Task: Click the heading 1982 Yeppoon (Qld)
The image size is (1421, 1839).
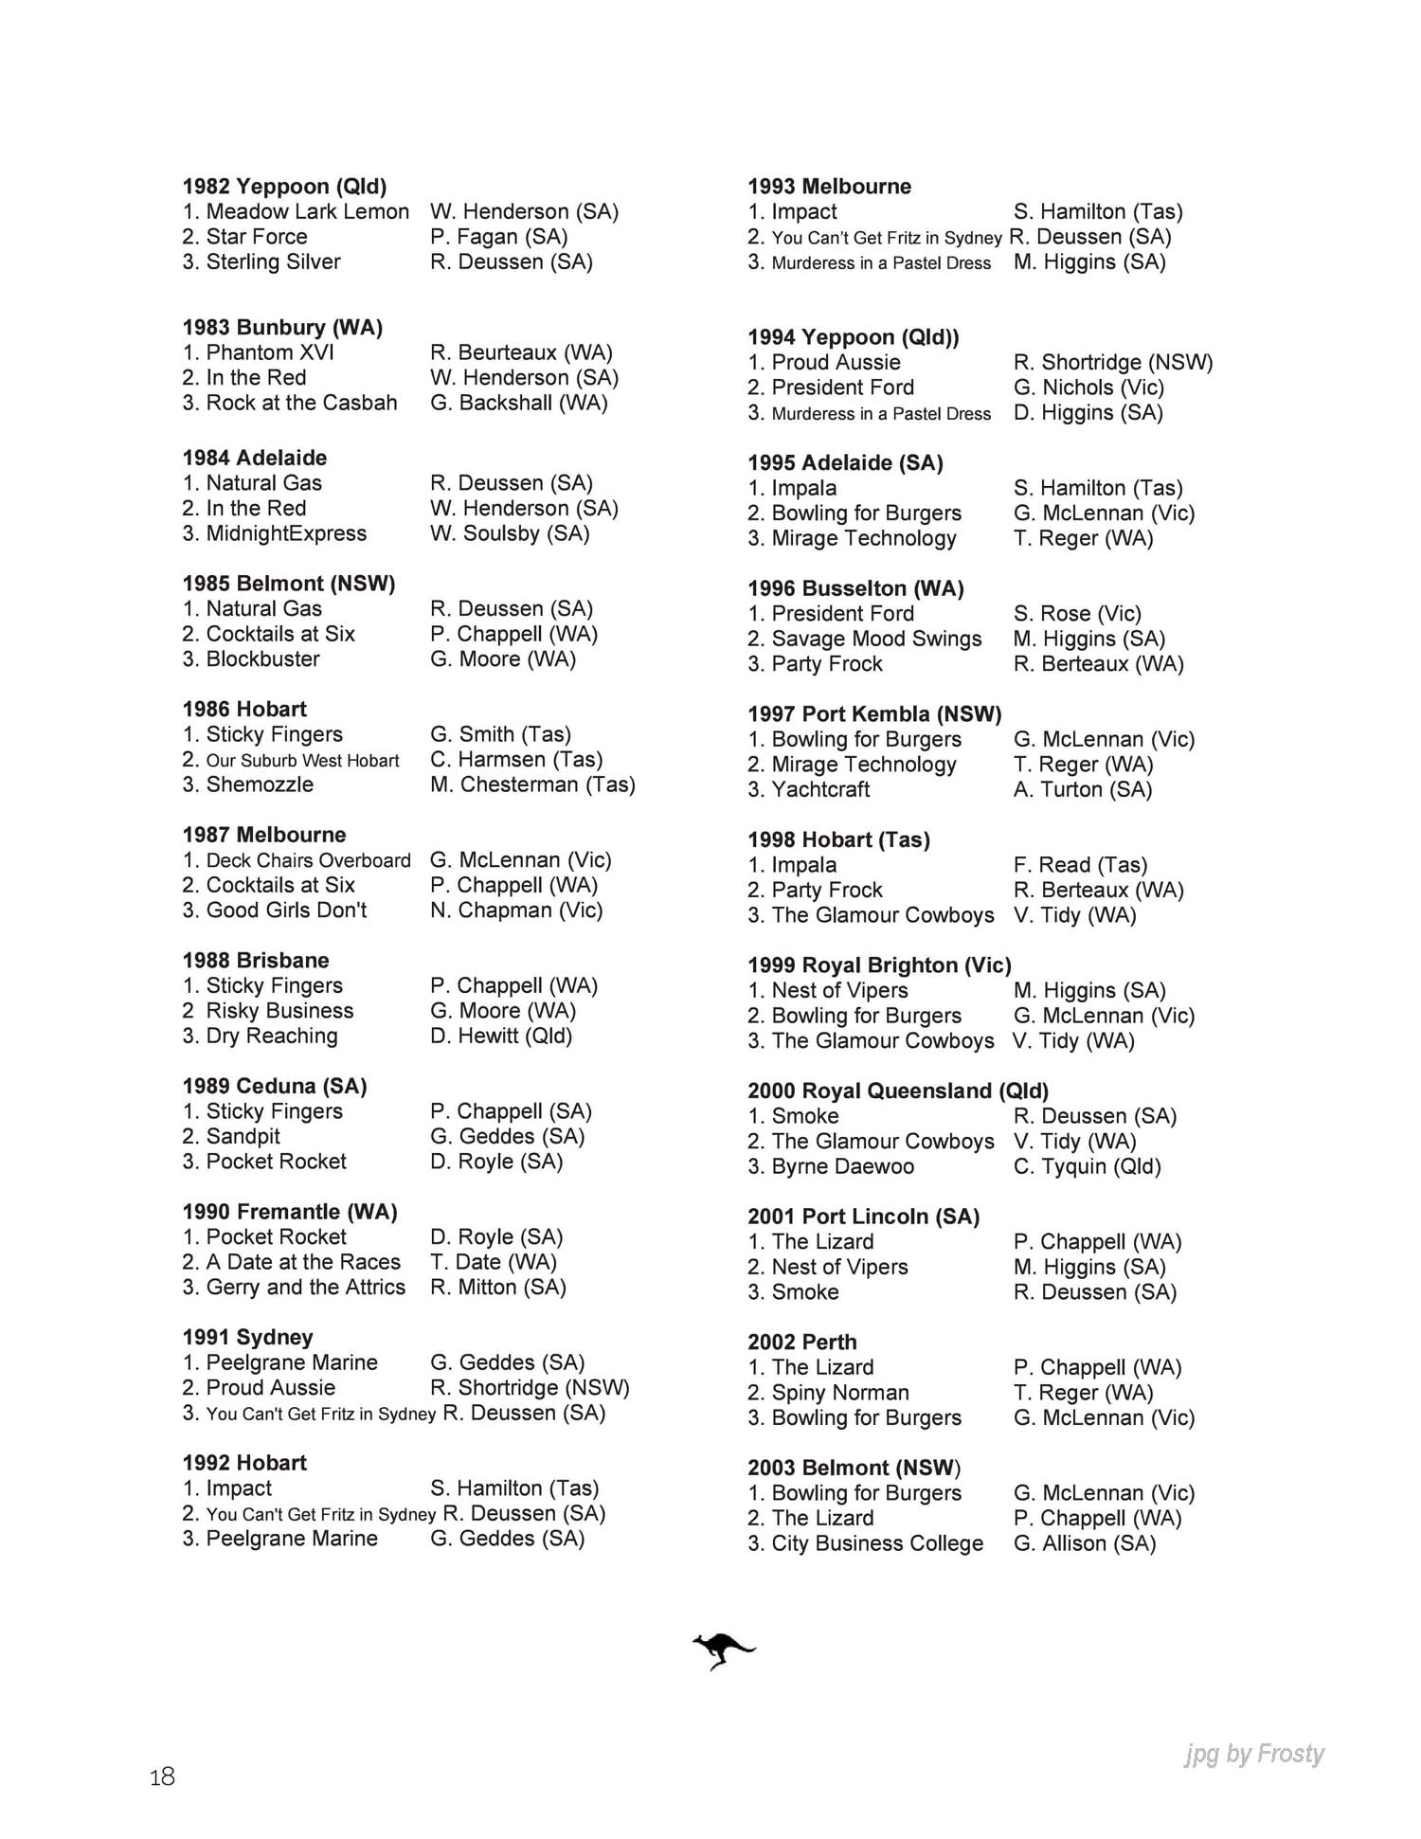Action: tap(284, 187)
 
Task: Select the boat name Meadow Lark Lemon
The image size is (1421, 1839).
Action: tap(307, 211)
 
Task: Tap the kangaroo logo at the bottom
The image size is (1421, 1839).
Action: tap(723, 1650)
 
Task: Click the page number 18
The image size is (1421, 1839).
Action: tap(162, 1776)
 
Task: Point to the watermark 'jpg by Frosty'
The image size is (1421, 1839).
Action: tap(1253, 1754)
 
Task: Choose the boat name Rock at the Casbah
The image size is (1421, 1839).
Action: tap(301, 403)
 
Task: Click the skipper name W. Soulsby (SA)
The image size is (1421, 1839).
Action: tap(510, 533)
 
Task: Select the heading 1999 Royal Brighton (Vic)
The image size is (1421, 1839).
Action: tap(879, 965)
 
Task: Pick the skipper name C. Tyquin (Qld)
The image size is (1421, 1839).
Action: tap(1087, 1166)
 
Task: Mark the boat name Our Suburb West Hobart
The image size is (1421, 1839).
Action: tap(302, 760)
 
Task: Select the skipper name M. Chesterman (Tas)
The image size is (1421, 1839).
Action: tap(532, 784)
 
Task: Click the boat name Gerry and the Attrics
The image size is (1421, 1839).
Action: tap(305, 1287)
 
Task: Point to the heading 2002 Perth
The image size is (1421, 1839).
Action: tap(801, 1343)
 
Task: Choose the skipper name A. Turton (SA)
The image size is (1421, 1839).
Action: tap(1082, 789)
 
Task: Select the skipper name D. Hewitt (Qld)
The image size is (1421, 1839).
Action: tap(501, 1036)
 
